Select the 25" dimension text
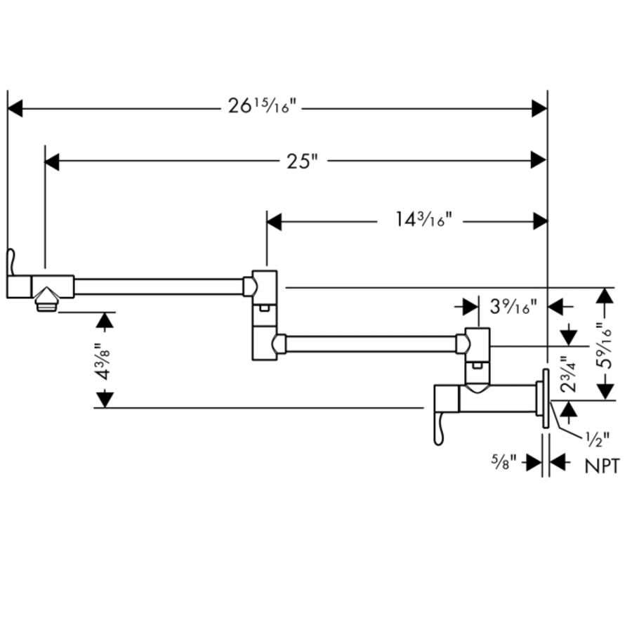(x=303, y=162)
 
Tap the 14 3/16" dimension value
(x=421, y=220)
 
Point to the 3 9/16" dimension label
(x=513, y=305)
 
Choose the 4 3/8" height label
(x=103, y=360)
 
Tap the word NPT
(x=603, y=466)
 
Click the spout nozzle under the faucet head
(x=47, y=303)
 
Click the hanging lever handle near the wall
(x=440, y=428)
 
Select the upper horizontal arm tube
(x=158, y=287)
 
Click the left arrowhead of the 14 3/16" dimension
(x=274, y=222)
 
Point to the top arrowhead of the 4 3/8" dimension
(x=104, y=321)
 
